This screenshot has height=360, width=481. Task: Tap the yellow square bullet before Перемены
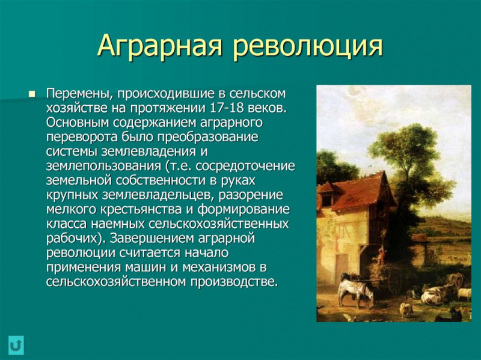pos(32,95)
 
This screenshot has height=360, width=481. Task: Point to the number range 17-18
pos(227,108)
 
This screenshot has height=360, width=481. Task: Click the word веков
pos(265,108)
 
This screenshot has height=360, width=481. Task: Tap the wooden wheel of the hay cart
pos(394,282)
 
